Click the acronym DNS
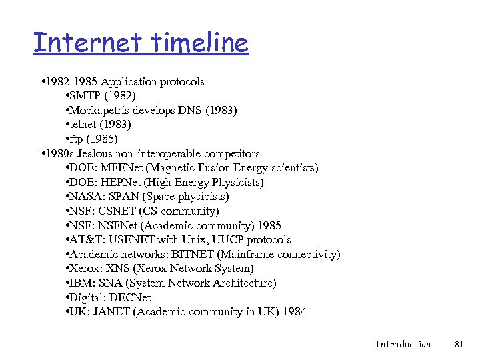pyautogui.click(x=185, y=110)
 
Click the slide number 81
pyautogui.click(x=458, y=344)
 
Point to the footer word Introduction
pyautogui.click(x=403, y=344)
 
